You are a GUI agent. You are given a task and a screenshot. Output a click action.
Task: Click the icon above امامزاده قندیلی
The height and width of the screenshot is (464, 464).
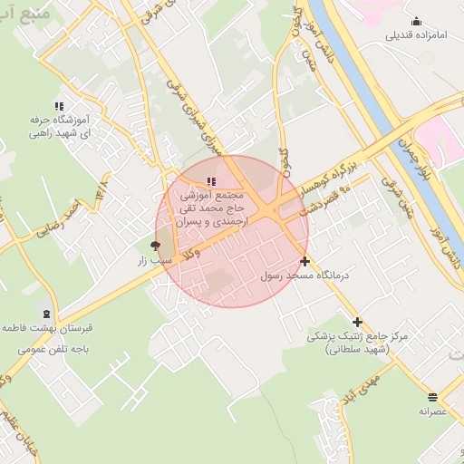pyautogui.click(x=416, y=22)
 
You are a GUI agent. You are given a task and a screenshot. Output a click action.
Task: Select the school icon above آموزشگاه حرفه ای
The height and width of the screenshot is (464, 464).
pyautogui.click(x=60, y=106)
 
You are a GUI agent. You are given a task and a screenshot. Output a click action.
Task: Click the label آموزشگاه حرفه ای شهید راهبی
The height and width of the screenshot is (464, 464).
pyautogui.click(x=59, y=126)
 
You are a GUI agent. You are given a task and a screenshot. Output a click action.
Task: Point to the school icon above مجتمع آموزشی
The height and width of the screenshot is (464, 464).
pyautogui.click(x=212, y=182)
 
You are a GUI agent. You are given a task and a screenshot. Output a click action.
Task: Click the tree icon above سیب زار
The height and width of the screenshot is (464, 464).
pyautogui.click(x=154, y=246)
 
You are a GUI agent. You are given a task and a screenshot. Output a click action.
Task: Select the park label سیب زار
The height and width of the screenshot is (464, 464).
pyautogui.click(x=154, y=261)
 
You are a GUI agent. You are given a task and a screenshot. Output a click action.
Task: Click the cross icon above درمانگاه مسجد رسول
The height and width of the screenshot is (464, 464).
pyautogui.click(x=304, y=261)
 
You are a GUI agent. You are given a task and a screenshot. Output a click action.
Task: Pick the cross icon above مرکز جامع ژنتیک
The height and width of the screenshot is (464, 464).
pyautogui.click(x=357, y=322)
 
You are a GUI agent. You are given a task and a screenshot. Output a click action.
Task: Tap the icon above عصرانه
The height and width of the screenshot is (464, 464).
pyautogui.click(x=432, y=397)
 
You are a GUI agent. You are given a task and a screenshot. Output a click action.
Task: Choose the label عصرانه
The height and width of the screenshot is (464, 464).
pyautogui.click(x=433, y=411)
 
